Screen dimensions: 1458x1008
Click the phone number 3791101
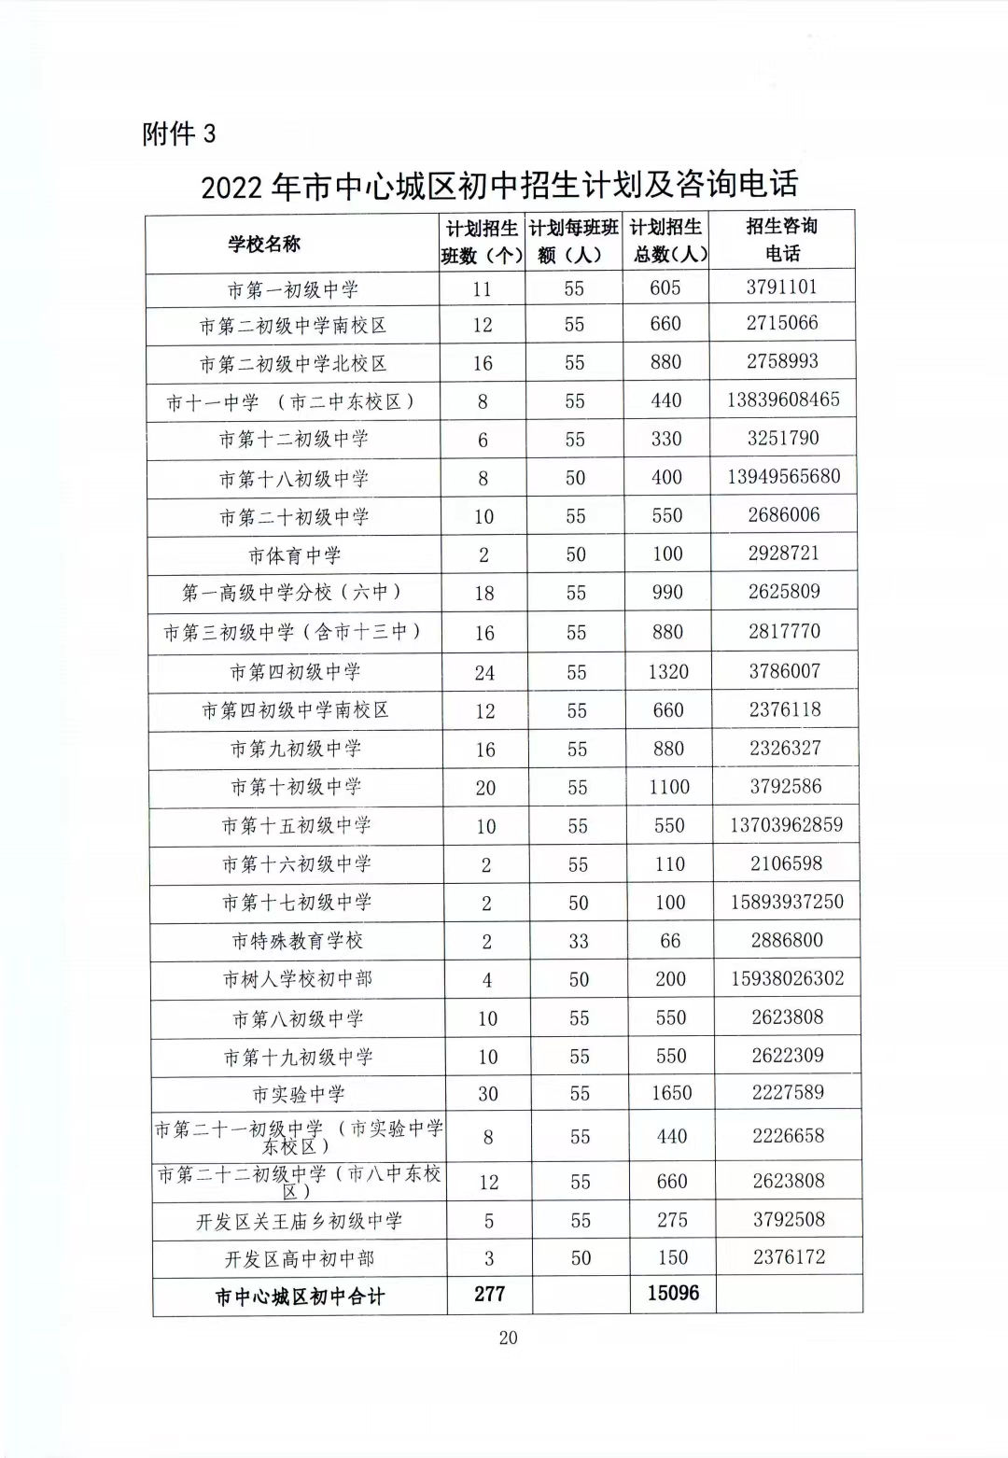[x=781, y=287]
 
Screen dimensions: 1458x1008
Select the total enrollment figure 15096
[x=673, y=1294]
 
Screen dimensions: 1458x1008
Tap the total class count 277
[x=489, y=1294]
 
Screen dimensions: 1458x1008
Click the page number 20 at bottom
[x=508, y=1338]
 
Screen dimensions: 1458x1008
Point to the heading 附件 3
[x=178, y=134]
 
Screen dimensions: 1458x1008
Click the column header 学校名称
[x=264, y=245]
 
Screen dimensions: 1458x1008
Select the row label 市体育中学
[x=294, y=556]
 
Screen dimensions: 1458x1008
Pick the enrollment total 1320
[x=668, y=672]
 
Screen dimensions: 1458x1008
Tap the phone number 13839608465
[x=783, y=400]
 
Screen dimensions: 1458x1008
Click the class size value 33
[x=579, y=941]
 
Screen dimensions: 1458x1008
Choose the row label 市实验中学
[x=299, y=1094]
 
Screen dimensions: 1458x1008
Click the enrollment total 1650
[x=672, y=1093]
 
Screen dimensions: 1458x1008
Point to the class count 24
[x=484, y=673]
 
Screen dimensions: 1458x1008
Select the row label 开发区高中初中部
[x=300, y=1259]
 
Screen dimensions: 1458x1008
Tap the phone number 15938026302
[x=788, y=978]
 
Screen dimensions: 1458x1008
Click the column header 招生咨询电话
[x=782, y=240]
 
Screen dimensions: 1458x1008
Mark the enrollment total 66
[x=670, y=941]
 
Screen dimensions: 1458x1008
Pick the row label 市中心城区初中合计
[x=300, y=1297]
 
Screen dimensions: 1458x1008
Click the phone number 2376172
[x=789, y=1257]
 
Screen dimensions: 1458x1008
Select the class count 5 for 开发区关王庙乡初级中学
[x=489, y=1221]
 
